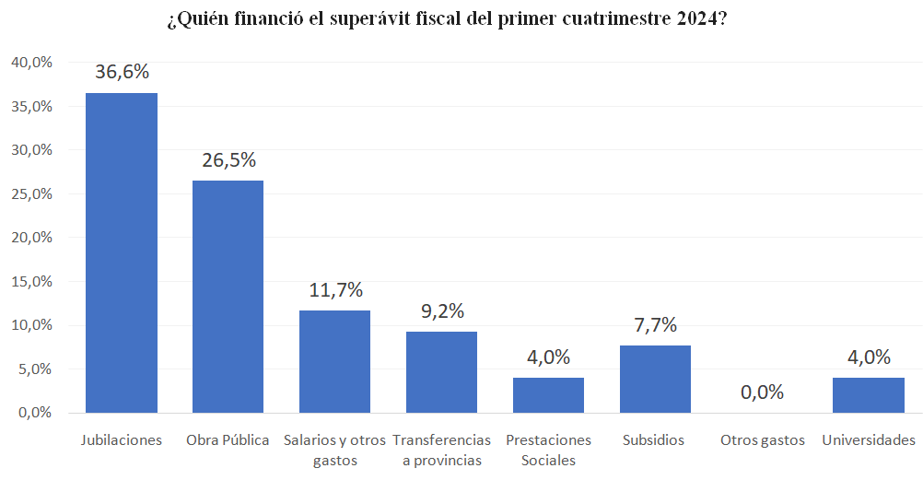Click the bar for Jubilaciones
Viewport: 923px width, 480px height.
click(x=122, y=252)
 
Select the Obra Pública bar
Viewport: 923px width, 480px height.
click(x=228, y=297)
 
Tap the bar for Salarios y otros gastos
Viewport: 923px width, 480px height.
click(x=334, y=361)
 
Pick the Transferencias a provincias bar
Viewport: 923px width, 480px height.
click(x=441, y=372)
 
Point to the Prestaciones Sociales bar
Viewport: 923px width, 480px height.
click(x=548, y=395)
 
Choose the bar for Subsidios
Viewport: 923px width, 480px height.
click(x=655, y=379)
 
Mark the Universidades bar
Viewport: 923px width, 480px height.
click(x=868, y=395)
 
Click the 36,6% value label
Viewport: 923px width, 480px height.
click(x=122, y=72)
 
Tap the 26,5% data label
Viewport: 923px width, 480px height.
click(x=228, y=160)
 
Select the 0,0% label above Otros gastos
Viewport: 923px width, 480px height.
click(x=762, y=392)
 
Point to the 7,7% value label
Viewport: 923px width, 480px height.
click(x=655, y=324)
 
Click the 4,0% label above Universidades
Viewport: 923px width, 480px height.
click(x=869, y=357)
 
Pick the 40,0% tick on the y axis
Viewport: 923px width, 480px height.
click(x=30, y=62)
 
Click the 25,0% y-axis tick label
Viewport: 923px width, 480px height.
click(x=30, y=193)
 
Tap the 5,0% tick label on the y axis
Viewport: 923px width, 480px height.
click(x=34, y=369)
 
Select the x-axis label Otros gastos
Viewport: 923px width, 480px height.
click(x=762, y=440)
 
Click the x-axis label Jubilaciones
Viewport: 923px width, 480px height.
click(x=122, y=440)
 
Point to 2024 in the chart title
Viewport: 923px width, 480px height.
click(x=694, y=20)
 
